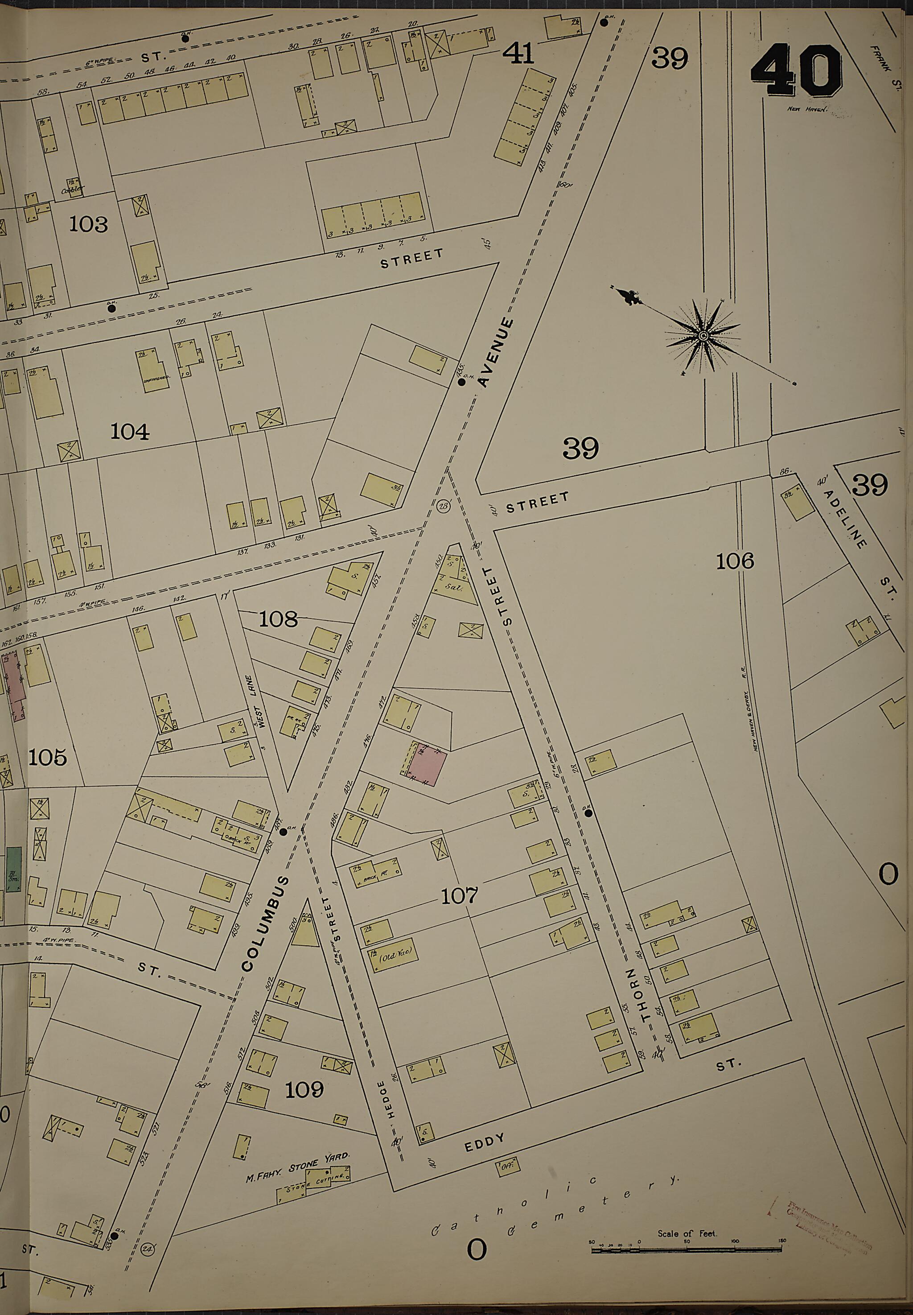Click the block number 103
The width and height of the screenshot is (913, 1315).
[x=89, y=224]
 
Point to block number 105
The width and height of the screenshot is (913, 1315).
[x=48, y=758]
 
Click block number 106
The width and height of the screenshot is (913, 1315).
[x=735, y=561]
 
